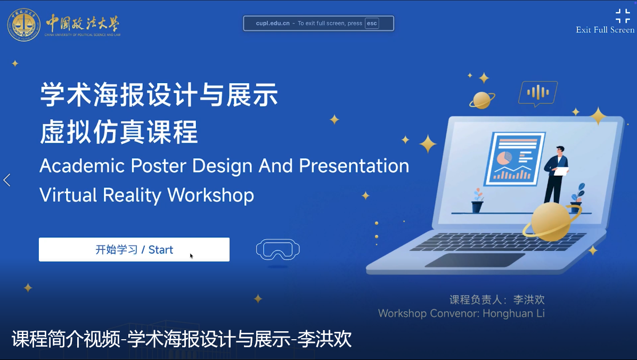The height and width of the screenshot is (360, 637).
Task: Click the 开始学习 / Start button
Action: [134, 249]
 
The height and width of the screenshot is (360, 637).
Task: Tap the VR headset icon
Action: [278, 249]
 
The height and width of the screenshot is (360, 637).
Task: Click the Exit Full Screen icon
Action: [623, 16]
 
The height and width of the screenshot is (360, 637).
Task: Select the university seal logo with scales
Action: [24, 24]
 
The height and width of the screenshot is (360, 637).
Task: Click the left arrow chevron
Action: [7, 180]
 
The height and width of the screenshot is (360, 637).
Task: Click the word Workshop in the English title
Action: [210, 195]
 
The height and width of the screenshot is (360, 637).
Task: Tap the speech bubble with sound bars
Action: [538, 93]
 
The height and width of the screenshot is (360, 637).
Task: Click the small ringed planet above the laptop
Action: [482, 100]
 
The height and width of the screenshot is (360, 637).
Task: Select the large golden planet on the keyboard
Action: [551, 222]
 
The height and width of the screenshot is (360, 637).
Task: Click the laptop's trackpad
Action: [475, 260]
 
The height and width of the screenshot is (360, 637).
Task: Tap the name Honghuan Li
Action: [513, 313]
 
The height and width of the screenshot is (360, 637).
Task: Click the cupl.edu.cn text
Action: [273, 23]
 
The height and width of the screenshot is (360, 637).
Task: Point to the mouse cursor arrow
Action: [191, 256]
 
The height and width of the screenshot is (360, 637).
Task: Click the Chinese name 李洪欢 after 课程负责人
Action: [529, 299]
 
